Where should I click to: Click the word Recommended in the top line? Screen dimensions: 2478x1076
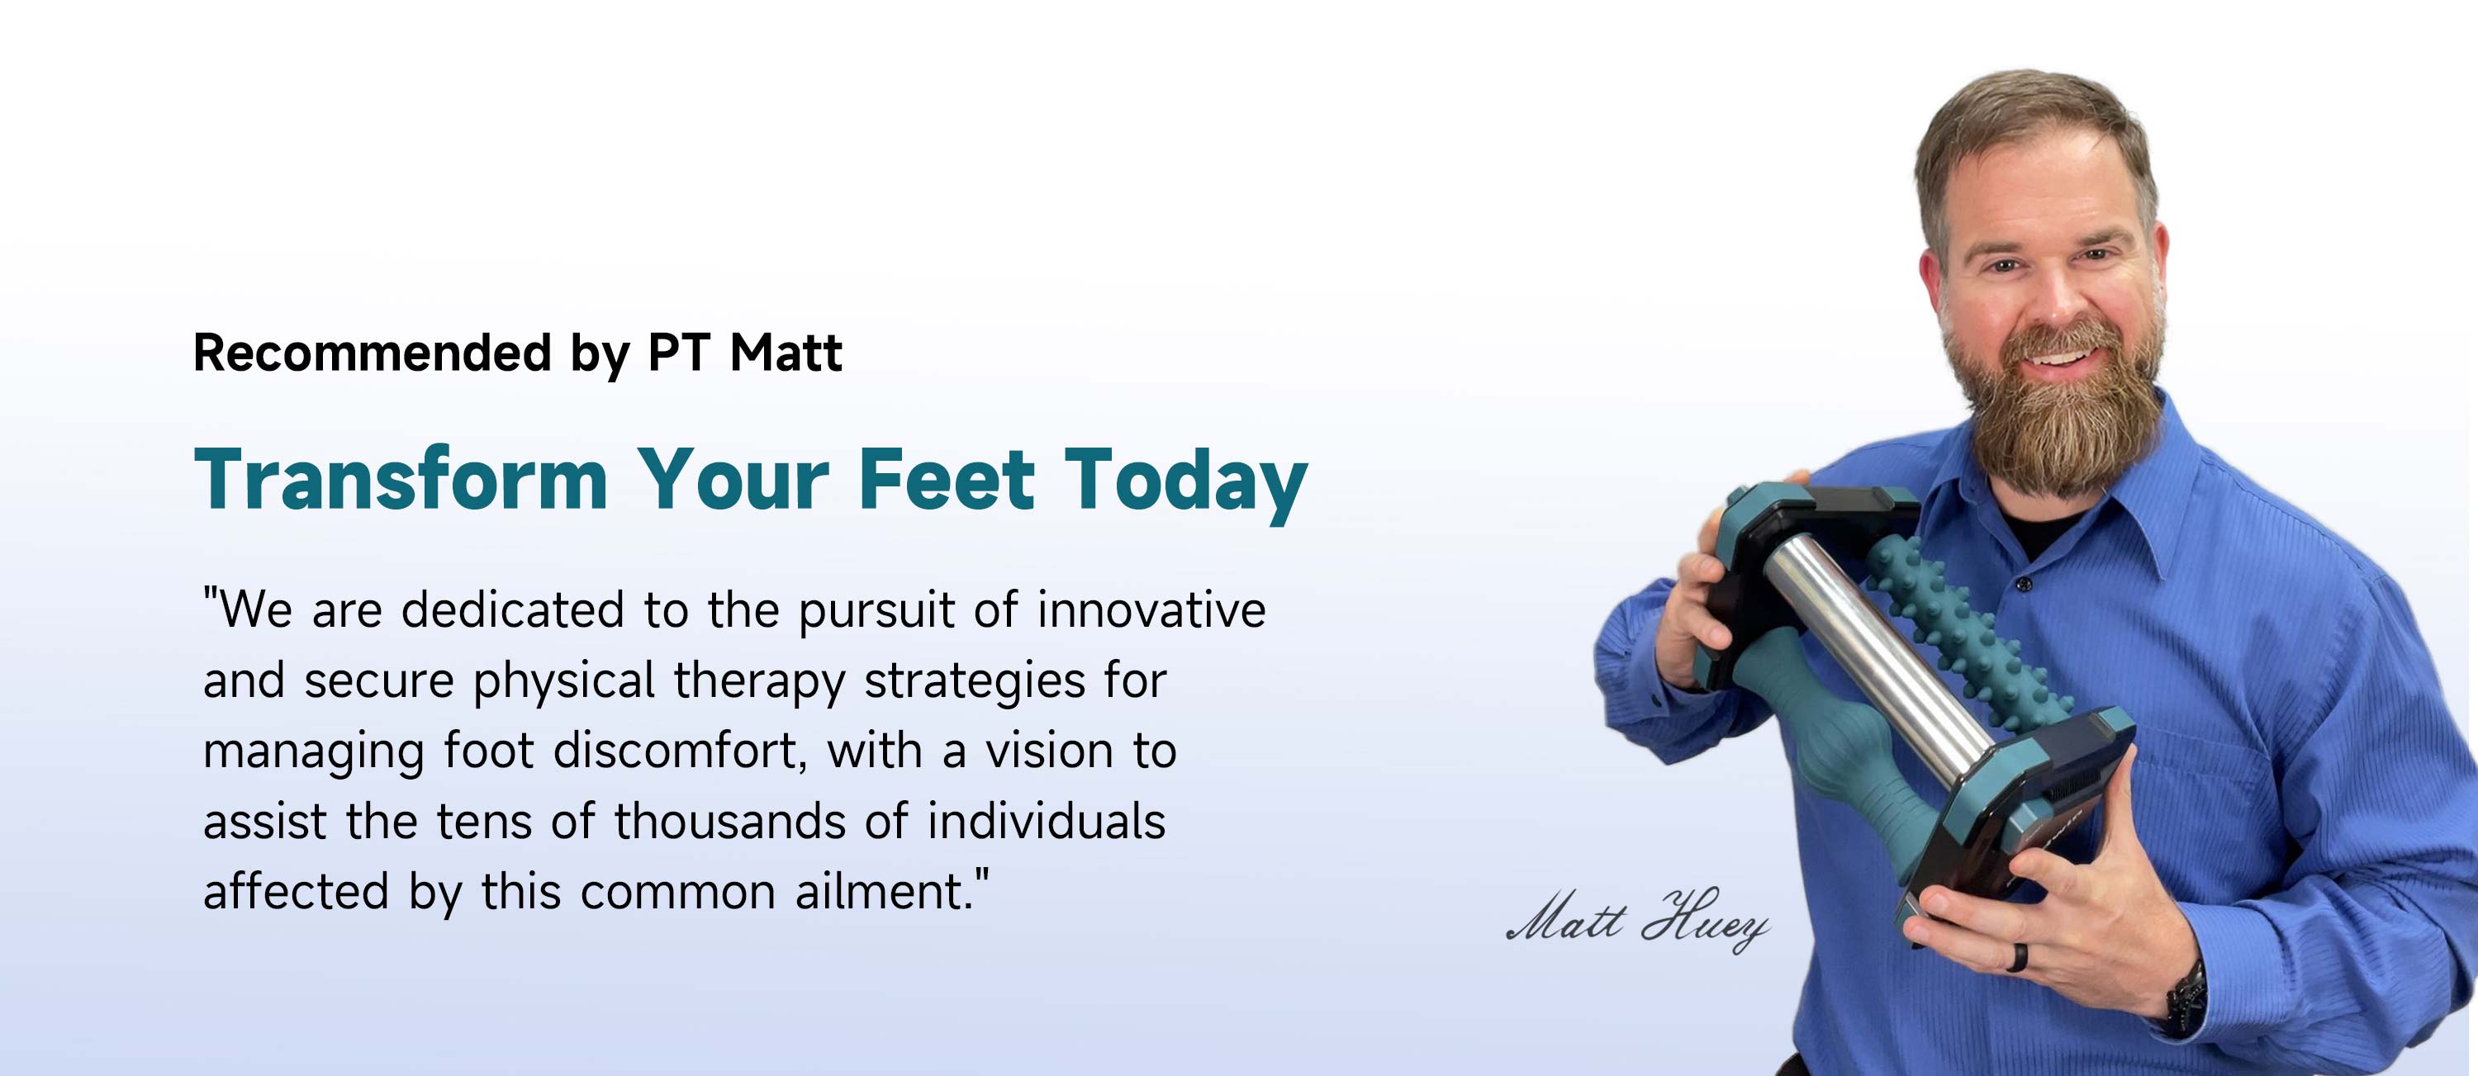pyautogui.click(x=373, y=353)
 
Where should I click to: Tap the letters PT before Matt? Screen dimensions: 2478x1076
pyautogui.click(x=683, y=353)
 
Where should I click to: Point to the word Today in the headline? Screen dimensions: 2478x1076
pyautogui.click(x=1185, y=484)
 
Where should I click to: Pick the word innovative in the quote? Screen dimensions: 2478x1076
pyautogui.click(x=1151, y=609)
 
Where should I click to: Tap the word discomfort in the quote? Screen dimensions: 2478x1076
pyautogui.click(x=680, y=751)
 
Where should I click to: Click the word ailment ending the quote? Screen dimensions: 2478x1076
pyautogui.click(x=885, y=891)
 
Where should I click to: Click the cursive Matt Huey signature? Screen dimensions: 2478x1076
pyautogui.click(x=1637, y=919)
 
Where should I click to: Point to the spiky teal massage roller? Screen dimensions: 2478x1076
pyautogui.click(x=1963, y=630)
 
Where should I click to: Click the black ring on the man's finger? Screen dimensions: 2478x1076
pyautogui.click(x=2017, y=957)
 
